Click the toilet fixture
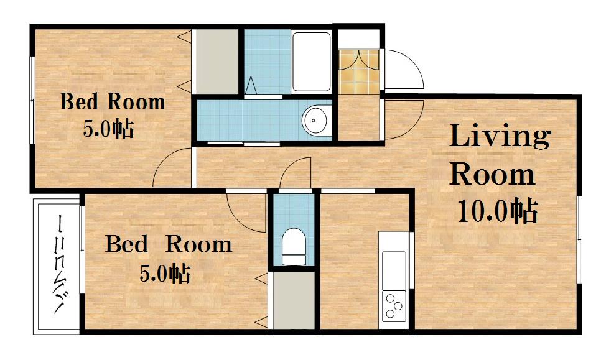point(294,247)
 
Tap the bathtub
point(311,62)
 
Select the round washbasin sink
point(317,120)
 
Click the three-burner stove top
point(394,306)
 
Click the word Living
point(500,136)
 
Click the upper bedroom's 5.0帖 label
point(108,129)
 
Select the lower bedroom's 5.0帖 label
point(165,273)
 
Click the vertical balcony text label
point(60,264)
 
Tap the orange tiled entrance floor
point(359,72)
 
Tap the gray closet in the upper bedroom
point(218,62)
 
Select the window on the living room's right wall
point(580,240)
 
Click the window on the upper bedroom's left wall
point(32,100)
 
